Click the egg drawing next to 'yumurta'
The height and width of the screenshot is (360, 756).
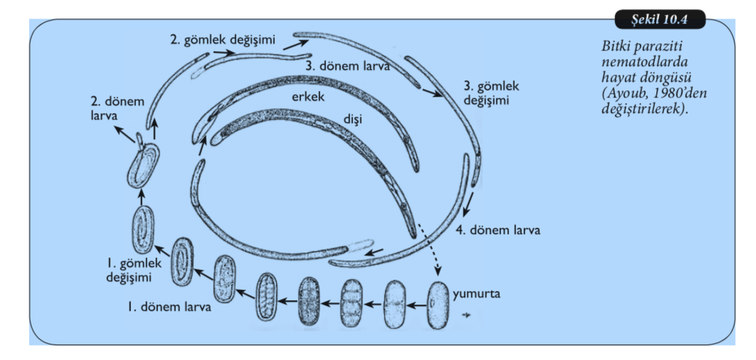click(x=439, y=305)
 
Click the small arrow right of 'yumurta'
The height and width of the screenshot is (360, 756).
click(x=467, y=314)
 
